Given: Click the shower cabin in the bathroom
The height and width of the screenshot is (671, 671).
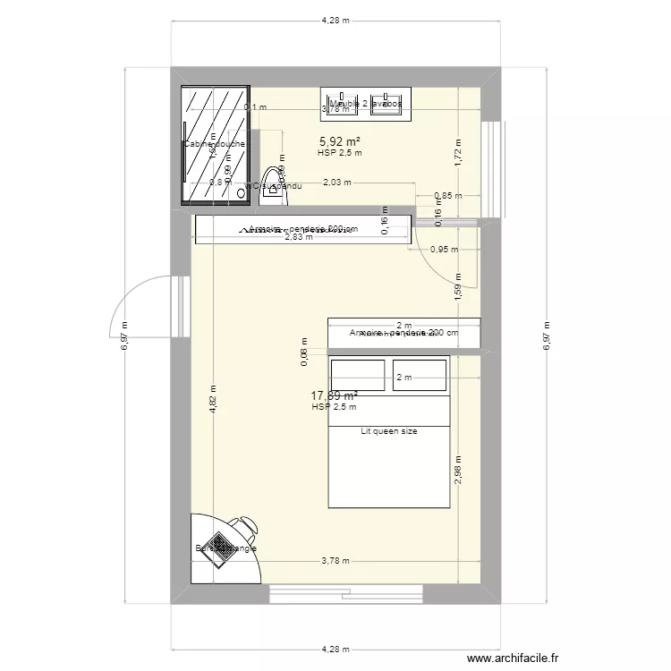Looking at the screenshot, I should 215,146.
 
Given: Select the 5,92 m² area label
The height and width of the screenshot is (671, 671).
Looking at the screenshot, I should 340,140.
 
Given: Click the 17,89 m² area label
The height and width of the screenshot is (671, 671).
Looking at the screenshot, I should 335,395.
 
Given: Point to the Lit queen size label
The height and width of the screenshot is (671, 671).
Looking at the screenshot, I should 389,431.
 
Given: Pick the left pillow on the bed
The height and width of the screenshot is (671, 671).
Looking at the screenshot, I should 358,375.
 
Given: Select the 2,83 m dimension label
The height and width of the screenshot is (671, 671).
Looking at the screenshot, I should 299,237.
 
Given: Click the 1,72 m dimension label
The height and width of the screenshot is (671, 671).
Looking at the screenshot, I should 457,154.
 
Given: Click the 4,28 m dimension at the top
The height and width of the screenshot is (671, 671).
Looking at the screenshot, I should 335,20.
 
